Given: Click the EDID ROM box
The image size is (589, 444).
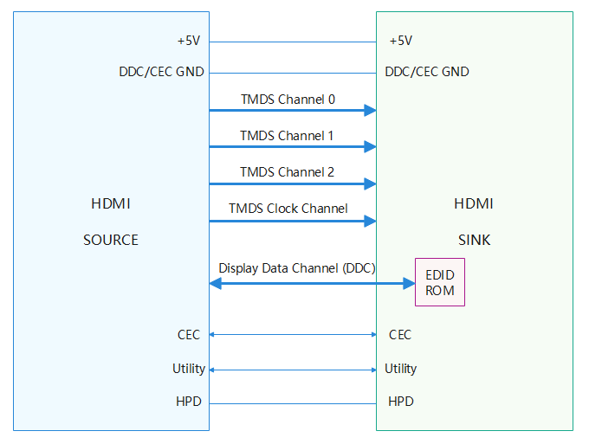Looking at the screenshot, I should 440,282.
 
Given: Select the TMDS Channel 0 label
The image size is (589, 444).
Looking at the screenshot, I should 288,100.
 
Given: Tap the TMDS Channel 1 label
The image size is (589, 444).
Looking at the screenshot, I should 287,136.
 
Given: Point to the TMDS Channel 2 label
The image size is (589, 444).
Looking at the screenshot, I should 287,172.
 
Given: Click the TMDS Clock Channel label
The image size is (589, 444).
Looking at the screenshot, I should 288,209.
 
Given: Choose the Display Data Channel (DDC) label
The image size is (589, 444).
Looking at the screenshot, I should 296,268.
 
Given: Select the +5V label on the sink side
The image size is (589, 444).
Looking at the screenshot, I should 401,41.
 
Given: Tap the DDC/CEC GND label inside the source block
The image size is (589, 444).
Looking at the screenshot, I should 161,72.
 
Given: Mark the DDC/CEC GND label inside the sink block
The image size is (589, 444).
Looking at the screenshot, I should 427,72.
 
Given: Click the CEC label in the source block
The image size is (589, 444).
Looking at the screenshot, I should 189,334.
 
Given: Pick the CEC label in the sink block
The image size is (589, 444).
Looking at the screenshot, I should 400,334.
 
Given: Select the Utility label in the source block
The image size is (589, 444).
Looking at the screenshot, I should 189,369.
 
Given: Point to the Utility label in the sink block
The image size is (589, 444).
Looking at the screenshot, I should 401,369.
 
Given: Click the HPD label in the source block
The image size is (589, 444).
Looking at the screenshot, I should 191,402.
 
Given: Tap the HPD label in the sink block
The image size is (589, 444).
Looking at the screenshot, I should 401,402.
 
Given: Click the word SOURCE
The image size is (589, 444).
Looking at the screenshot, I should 111,240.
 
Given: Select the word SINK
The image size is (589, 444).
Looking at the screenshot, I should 474,240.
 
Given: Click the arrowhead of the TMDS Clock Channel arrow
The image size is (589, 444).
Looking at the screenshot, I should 371,221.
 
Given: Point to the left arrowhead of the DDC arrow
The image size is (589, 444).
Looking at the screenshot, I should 215,283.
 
